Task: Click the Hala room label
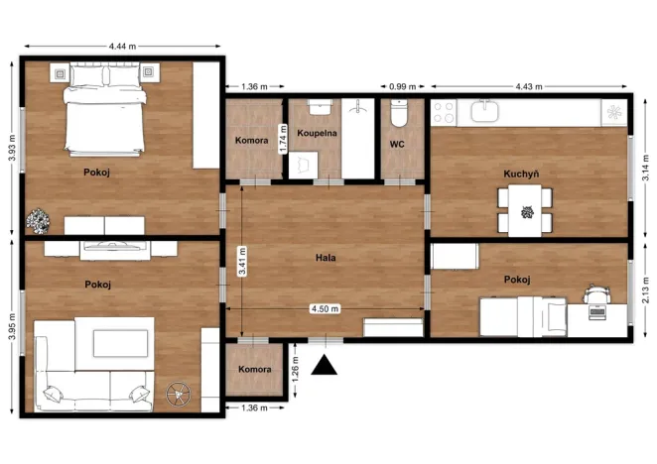[326, 258]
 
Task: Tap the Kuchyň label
[521, 174]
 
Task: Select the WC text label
[397, 144]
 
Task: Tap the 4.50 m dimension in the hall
[326, 308]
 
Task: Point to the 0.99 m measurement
[402, 86]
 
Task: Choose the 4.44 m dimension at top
[123, 46]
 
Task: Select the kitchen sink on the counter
[485, 111]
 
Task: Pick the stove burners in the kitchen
[443, 111]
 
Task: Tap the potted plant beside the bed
[39, 220]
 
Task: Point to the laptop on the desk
[596, 310]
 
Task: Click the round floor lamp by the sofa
[177, 395]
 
